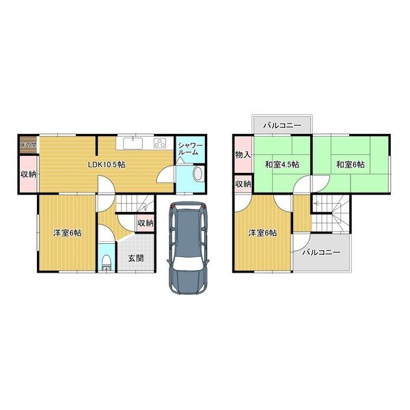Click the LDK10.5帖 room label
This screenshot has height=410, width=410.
tap(106, 165)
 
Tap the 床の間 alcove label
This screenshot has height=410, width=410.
tap(28, 145)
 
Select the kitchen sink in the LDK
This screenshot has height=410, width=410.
tap(133, 143)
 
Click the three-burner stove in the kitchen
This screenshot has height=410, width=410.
tap(160, 143)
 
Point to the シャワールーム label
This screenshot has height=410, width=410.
tap(190, 149)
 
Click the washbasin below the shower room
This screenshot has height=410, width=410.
tap(198, 174)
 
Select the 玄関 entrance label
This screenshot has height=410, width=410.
tap(136, 258)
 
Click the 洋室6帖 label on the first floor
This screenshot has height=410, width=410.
tap(67, 233)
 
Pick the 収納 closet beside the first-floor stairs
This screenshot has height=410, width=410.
tap(146, 223)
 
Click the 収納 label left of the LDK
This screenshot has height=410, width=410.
tap(29, 174)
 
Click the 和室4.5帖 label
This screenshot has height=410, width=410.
tap(282, 165)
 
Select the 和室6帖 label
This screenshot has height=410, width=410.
tap(351, 165)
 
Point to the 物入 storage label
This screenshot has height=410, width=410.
tap(243, 155)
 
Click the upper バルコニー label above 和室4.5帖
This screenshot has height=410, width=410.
tap(282, 126)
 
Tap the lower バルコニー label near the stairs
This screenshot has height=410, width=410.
tap(321, 253)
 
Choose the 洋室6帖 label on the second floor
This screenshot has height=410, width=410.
tap(262, 233)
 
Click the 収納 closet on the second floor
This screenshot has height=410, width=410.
tap(243, 184)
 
